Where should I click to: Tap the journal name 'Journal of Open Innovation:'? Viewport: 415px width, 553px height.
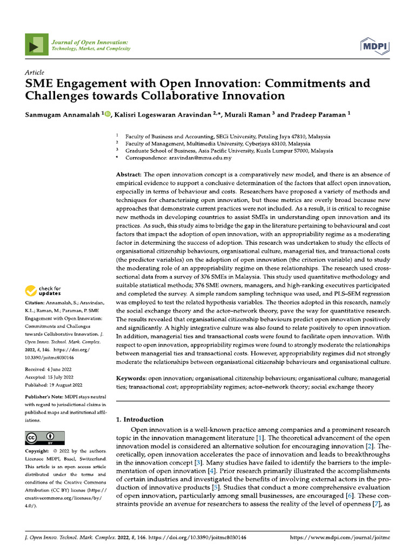pos(89,42)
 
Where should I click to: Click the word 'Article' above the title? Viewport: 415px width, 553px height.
pos(35,72)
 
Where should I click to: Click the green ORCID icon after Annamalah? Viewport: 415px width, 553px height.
pos(107,114)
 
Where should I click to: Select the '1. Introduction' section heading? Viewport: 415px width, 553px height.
pos(140,420)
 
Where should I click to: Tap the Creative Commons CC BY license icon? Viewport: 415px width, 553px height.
pos(45,437)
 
